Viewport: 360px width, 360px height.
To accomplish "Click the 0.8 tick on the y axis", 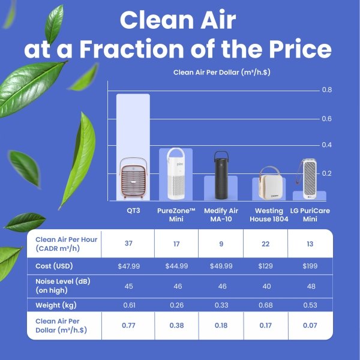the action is [327, 89].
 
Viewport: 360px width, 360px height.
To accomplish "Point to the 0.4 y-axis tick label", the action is [327, 145].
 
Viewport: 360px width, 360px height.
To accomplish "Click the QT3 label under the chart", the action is [133, 211].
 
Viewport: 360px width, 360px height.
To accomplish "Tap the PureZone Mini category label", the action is [176, 215].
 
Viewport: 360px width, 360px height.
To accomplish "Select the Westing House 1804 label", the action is [269, 215].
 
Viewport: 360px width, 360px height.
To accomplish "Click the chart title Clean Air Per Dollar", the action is [222, 73].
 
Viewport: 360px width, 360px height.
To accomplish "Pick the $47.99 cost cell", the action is [129, 266].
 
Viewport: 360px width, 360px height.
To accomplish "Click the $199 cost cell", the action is [310, 266].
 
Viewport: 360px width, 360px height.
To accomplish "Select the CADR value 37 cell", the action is [128, 244].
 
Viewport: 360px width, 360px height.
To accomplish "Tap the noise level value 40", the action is [266, 286].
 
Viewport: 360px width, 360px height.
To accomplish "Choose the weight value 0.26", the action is [177, 305].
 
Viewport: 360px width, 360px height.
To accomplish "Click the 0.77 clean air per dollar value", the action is [128, 325].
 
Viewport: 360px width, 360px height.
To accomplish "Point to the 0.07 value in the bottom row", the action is [310, 325].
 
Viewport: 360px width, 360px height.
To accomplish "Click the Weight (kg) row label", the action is [56, 305].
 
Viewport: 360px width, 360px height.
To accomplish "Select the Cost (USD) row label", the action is [54, 266].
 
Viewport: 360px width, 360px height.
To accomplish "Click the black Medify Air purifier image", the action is [221, 175].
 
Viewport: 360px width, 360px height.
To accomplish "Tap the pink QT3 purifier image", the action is [133, 178].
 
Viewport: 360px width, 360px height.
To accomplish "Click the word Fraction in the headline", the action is [131, 49].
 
